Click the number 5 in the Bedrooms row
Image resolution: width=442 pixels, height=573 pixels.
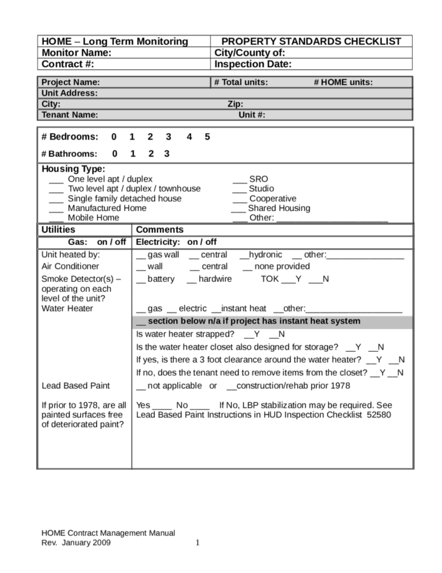[207, 137]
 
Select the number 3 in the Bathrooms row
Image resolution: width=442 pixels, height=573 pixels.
[167, 154]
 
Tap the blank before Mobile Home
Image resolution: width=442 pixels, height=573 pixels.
[56, 218]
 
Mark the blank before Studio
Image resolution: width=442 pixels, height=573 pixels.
[239, 189]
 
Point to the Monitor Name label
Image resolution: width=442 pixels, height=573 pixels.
[76, 52]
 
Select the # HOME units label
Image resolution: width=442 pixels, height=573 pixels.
[343, 82]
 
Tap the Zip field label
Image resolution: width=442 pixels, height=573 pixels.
[235, 104]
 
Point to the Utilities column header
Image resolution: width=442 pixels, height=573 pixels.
[59, 230]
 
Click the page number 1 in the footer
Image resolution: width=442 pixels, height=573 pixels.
[197, 542]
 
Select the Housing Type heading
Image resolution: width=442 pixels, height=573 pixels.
[74, 169]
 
